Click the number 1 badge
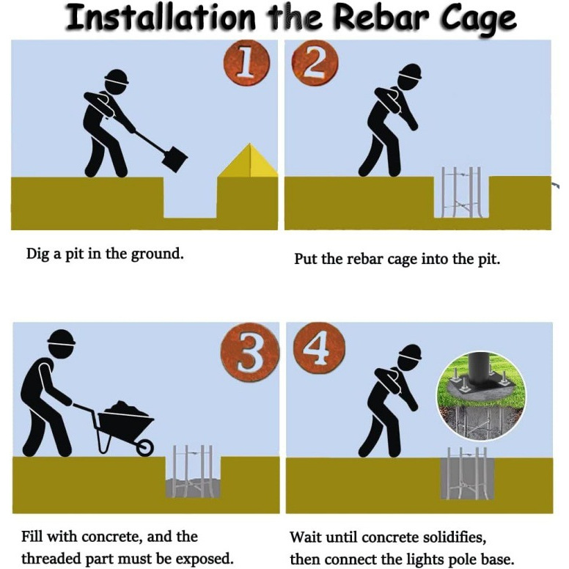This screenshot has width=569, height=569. coord(247,62)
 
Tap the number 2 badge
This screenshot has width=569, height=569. coord(315,62)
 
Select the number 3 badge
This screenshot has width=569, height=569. coord(250,352)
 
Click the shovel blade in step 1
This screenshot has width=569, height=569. coord(175,159)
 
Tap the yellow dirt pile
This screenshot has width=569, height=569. coord(249,161)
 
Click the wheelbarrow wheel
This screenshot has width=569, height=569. coord(144,447)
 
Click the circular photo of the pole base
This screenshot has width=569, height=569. coord(481,396)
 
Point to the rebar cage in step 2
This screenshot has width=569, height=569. coord(461,192)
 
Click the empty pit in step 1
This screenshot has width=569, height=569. coord(190,198)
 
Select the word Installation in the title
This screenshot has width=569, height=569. coord(161,18)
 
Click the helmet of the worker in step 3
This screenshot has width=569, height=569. coord(62,337)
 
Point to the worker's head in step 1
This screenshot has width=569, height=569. coord(117,82)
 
